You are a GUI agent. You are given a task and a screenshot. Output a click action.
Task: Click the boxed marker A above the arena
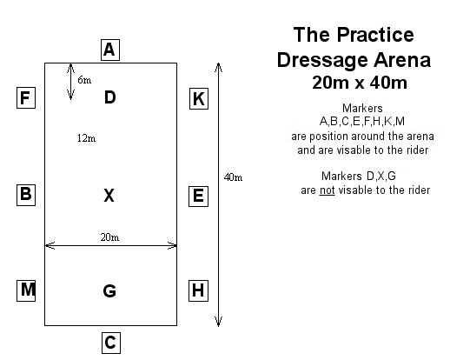[x=110, y=50]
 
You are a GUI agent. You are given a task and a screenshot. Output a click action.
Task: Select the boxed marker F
[x=26, y=97]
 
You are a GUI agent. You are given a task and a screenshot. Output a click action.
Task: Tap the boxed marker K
[x=199, y=98]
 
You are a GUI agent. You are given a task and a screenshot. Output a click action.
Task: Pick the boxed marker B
[x=26, y=195]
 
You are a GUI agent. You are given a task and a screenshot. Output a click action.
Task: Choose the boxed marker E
[x=198, y=197]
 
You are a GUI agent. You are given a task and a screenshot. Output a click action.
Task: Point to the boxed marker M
[x=26, y=290]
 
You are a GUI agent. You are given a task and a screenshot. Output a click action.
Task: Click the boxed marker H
[x=198, y=290]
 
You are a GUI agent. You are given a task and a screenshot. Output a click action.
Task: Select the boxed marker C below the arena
[x=111, y=343]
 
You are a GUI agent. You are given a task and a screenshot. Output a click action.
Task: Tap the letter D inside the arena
[x=110, y=97]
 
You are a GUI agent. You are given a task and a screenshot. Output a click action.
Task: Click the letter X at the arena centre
[x=109, y=195]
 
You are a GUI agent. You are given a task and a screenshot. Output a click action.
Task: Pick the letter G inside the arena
[x=109, y=290]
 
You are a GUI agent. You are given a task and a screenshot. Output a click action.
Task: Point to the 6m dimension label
[x=84, y=80]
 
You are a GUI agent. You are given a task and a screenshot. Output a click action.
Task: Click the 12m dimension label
[x=86, y=138]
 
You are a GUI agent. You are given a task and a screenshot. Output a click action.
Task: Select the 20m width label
[x=109, y=237]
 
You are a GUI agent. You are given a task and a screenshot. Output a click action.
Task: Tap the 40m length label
[x=233, y=177]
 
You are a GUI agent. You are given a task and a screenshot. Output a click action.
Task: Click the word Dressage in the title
[x=322, y=60]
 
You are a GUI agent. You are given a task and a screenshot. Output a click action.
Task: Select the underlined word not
[x=328, y=190]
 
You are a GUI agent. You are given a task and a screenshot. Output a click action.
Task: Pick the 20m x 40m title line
[x=360, y=83]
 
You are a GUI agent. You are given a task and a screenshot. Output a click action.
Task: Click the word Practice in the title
[x=375, y=35]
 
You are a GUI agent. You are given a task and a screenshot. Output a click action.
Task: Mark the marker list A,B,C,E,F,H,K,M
[x=362, y=121]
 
